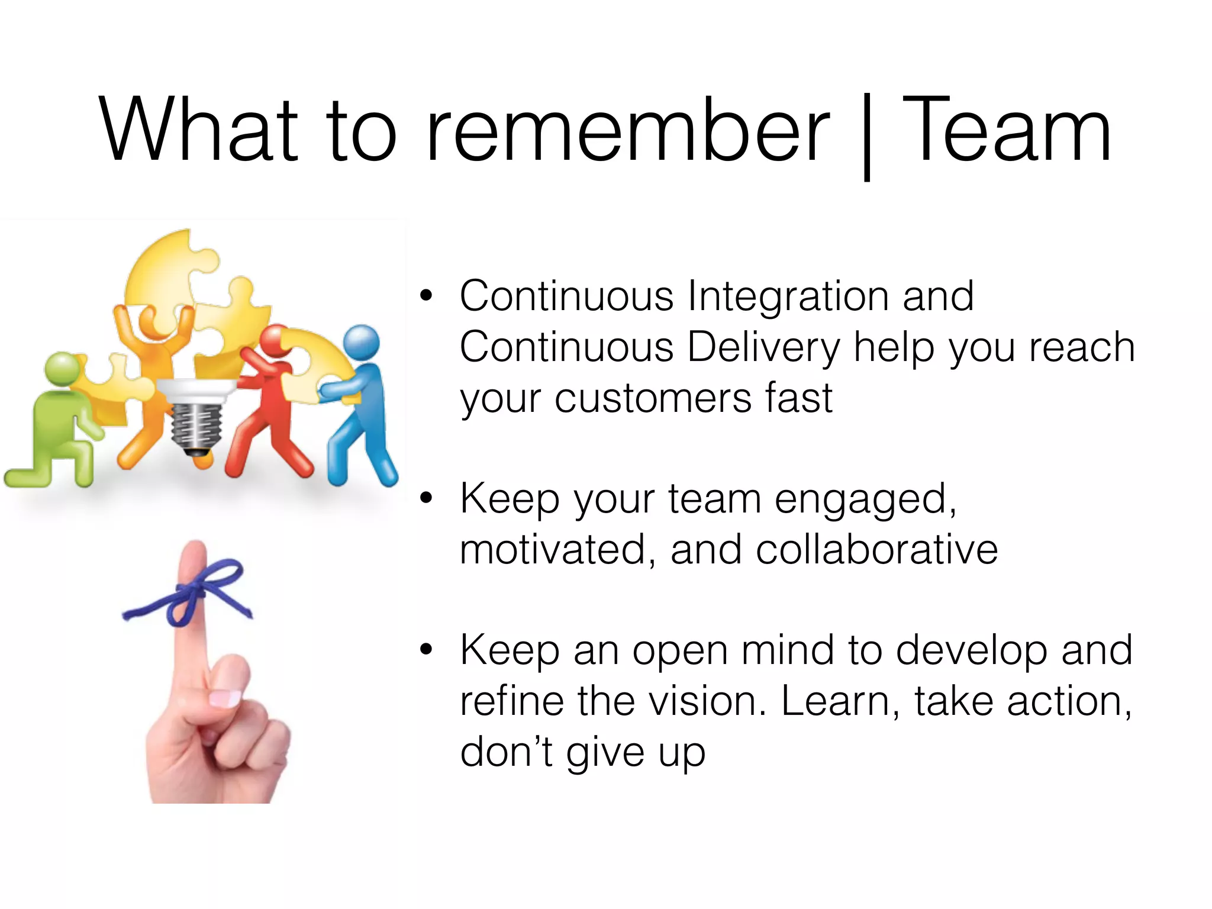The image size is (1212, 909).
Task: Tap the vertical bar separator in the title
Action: (x=866, y=136)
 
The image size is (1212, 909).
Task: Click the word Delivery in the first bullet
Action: (x=763, y=348)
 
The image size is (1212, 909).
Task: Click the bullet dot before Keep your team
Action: (x=426, y=498)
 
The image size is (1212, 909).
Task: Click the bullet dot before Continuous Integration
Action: (x=426, y=296)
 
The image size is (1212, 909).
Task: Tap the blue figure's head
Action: (x=362, y=343)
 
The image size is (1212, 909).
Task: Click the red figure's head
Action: (x=275, y=341)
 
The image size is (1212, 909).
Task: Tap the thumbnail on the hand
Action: (x=225, y=698)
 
